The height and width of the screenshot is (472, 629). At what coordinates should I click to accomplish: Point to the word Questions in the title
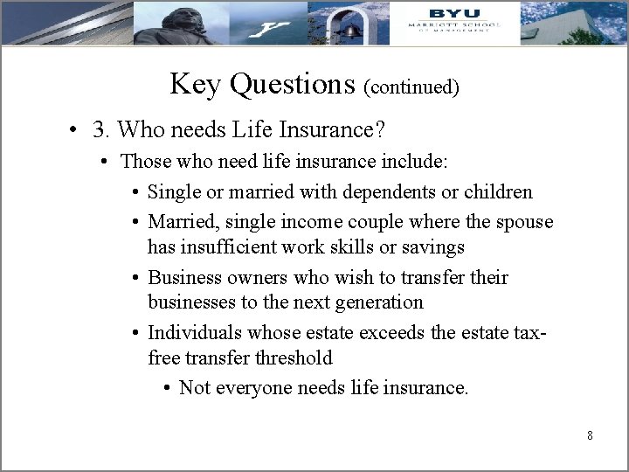tap(290, 84)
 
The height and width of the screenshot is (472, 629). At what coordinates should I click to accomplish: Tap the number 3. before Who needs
tap(101, 130)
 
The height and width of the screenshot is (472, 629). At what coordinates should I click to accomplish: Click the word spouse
tap(522, 222)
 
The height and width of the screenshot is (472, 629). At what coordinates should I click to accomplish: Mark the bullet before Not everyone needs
tap(166, 388)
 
